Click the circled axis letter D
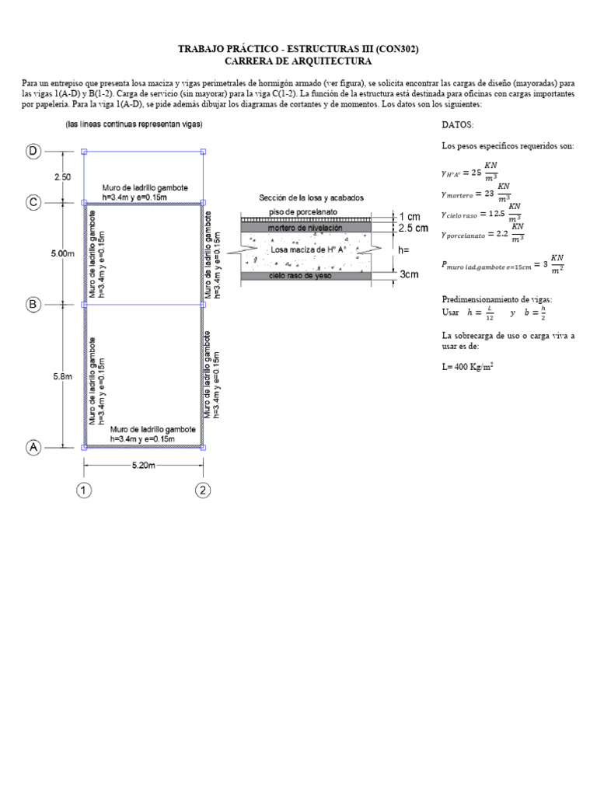point(33,152)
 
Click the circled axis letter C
point(33,203)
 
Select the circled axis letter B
point(33,305)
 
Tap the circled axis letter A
point(33,447)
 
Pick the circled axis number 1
point(84,491)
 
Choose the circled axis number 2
point(203,491)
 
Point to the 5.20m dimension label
point(143,465)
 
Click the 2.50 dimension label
point(62,177)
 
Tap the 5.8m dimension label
point(62,376)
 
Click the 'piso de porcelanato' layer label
point(303,211)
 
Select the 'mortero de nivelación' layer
point(305,228)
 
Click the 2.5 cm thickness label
point(413,229)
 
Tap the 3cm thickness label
point(409,275)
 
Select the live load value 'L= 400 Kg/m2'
point(470,365)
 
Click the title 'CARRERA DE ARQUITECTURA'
point(298,61)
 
